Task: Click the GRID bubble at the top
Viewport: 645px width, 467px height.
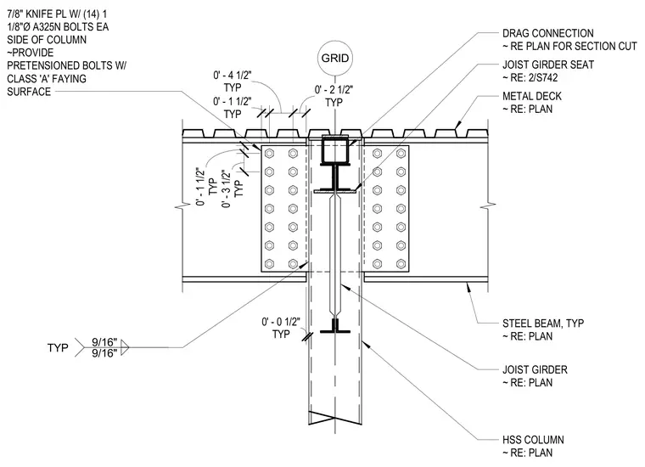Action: pyautogui.click(x=335, y=58)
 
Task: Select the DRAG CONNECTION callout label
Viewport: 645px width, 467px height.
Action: pyautogui.click(x=548, y=33)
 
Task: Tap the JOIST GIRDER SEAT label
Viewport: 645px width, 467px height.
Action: pyautogui.click(x=548, y=65)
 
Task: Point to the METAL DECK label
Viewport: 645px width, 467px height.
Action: pyautogui.click(x=532, y=96)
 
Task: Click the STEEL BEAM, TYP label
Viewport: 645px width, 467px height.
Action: pyautogui.click(x=543, y=324)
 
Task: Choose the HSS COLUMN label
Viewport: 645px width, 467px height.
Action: pyautogui.click(x=533, y=440)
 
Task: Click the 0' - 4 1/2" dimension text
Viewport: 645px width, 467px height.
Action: pyautogui.click(x=232, y=76)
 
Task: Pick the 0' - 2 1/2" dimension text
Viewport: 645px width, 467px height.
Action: pyautogui.click(x=334, y=90)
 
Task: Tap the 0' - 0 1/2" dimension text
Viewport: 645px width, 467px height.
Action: pyautogui.click(x=281, y=322)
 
